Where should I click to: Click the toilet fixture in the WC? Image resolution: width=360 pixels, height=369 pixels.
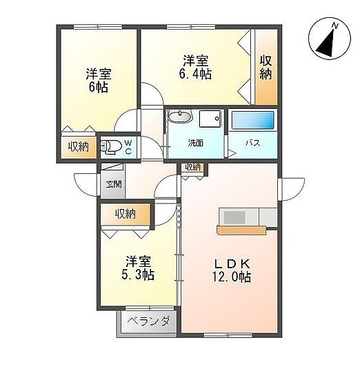(x=110, y=148)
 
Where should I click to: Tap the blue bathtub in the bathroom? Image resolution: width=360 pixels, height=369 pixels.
(x=253, y=120)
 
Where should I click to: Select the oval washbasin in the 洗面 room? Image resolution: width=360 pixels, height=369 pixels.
(x=181, y=117)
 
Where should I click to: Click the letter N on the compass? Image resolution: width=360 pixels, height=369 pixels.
(x=335, y=26)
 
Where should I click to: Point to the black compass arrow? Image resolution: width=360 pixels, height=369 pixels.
(x=328, y=44)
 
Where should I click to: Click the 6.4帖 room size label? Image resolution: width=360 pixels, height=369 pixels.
(x=196, y=74)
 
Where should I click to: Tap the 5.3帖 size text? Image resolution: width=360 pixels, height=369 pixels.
(x=138, y=275)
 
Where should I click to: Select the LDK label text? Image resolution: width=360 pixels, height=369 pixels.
(x=232, y=264)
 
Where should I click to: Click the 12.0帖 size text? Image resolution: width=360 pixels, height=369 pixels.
(x=232, y=277)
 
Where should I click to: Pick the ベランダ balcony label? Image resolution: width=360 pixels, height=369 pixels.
(x=148, y=321)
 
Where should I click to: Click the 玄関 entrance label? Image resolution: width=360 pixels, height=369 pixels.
(x=114, y=184)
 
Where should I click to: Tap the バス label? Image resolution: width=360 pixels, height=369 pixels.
(x=253, y=143)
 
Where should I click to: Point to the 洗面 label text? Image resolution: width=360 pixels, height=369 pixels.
(x=196, y=143)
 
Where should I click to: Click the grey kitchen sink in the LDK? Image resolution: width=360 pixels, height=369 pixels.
(x=234, y=217)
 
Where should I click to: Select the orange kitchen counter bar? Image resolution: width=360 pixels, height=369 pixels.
(x=241, y=230)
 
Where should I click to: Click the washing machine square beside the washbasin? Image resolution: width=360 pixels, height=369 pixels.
(x=210, y=119)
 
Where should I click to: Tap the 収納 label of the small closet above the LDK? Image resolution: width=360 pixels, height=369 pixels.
(x=193, y=168)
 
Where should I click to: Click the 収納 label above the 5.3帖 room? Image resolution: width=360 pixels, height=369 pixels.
(x=126, y=214)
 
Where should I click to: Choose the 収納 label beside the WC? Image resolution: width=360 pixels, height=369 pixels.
(x=79, y=147)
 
